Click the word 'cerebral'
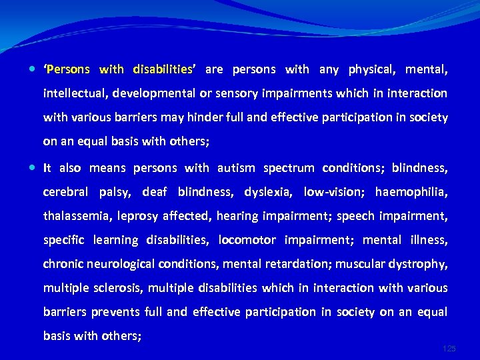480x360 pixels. pyautogui.click(x=65, y=192)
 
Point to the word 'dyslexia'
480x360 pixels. pyautogui.click(x=268, y=192)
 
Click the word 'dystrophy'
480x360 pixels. pyautogui.click(x=417, y=264)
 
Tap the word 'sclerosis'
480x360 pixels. pyautogui.click(x=118, y=288)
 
